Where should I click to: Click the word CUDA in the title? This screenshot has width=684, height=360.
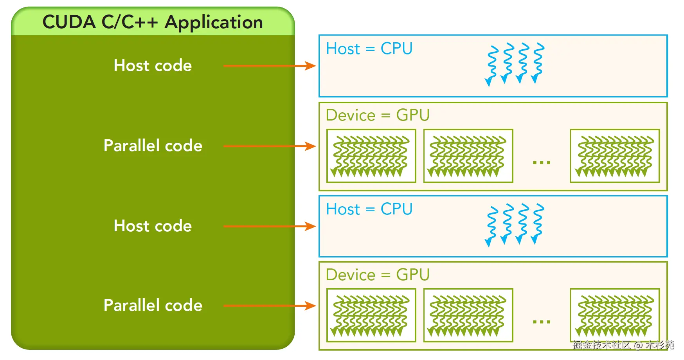[69, 22]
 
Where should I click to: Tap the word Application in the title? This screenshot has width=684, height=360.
[214, 22]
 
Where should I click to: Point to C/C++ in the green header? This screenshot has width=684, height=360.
[130, 22]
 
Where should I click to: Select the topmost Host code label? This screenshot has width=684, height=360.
[153, 65]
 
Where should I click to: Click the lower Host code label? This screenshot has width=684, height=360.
[153, 226]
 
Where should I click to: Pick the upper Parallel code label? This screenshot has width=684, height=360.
[153, 146]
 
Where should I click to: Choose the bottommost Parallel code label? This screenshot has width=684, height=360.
[153, 305]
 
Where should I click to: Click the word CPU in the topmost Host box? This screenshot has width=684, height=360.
[396, 49]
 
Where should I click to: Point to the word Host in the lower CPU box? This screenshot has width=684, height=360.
[343, 209]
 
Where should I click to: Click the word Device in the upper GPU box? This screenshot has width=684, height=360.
[351, 115]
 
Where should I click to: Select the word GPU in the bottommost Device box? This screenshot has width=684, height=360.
[413, 275]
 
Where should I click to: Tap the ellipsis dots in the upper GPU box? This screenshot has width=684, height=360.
[542, 162]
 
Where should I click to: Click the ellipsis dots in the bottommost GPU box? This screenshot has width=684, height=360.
[542, 322]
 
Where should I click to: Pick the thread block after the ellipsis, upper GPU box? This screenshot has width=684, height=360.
[615, 156]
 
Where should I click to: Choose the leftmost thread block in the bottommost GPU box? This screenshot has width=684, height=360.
[371, 315]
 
